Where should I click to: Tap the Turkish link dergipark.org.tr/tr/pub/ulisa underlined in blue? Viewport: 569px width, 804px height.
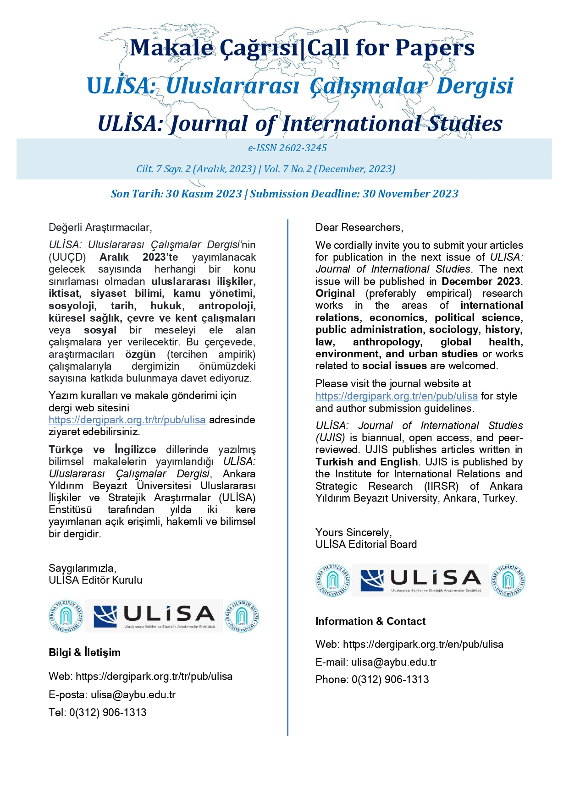127,420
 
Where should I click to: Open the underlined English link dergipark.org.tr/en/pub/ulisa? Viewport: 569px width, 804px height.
396,396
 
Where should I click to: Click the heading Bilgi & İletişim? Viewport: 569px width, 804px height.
84,653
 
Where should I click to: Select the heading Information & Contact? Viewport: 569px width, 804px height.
370,622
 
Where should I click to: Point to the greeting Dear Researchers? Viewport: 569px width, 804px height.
359,228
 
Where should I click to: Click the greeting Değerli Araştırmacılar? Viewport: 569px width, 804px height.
100,228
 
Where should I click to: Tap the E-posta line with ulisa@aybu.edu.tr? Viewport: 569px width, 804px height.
112,695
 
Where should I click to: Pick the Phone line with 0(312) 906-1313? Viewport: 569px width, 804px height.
372,680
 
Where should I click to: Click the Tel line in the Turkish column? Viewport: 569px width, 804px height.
97,713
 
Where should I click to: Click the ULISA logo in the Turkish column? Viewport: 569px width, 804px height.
154,616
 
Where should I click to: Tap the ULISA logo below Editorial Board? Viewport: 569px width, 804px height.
420,580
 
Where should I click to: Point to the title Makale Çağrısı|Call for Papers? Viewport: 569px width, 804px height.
302,48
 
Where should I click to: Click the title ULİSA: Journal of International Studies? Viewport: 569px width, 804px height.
300,124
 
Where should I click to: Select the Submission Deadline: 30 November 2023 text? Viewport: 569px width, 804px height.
354,194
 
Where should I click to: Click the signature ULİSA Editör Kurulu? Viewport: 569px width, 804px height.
95,580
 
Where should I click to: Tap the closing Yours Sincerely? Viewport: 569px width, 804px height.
353,533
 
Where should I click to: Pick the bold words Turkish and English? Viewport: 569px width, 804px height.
366,462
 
